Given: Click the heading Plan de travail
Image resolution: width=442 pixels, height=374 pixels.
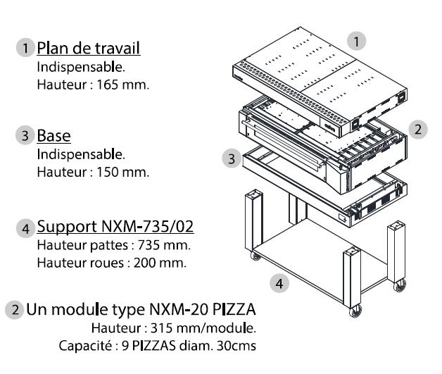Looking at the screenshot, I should point(88,48).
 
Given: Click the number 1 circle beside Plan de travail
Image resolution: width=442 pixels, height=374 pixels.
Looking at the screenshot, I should point(26,49).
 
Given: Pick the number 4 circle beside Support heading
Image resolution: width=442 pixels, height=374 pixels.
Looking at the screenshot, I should point(26,227).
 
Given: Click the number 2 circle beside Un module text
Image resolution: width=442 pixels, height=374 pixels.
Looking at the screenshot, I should point(15,308).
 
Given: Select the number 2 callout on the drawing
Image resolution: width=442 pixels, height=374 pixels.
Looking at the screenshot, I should point(419,130).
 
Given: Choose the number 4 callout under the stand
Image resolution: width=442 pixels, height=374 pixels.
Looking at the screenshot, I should point(279,284).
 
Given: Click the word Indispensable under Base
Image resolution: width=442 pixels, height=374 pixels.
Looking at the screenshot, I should point(82,154).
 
